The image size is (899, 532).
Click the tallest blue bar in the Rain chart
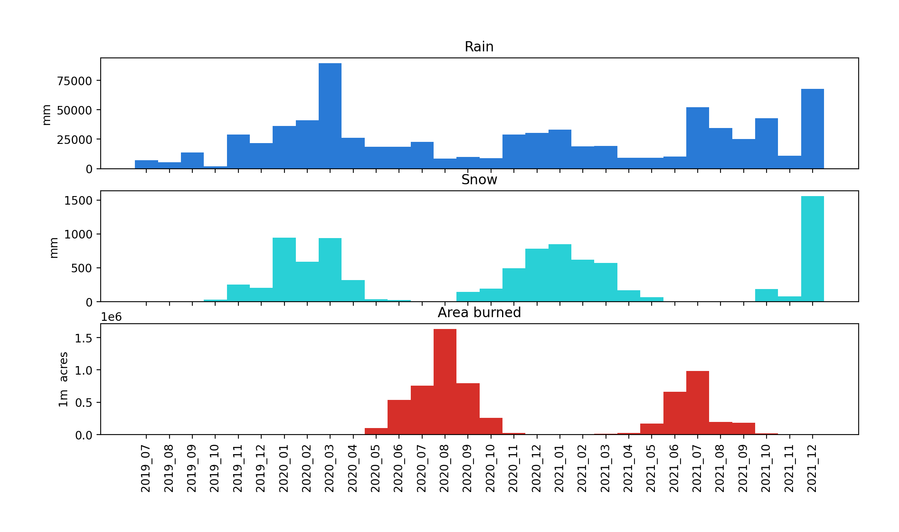(330, 116)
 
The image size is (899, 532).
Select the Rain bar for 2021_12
(812, 129)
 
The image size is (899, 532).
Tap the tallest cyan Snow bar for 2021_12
(812, 249)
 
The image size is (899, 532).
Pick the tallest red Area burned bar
(445, 382)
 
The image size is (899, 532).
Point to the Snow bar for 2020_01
(284, 269)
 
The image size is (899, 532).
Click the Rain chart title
(479, 47)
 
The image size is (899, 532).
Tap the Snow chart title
(479, 180)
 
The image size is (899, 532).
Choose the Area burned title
(479, 313)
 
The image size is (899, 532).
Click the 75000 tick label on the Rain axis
(75, 81)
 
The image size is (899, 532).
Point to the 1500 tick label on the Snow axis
(78, 201)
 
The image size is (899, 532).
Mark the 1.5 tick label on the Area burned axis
(84, 338)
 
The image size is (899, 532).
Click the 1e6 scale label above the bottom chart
(111, 317)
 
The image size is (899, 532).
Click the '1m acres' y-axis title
(63, 379)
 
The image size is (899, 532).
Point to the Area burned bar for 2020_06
(399, 417)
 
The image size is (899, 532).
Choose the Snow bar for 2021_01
(560, 273)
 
